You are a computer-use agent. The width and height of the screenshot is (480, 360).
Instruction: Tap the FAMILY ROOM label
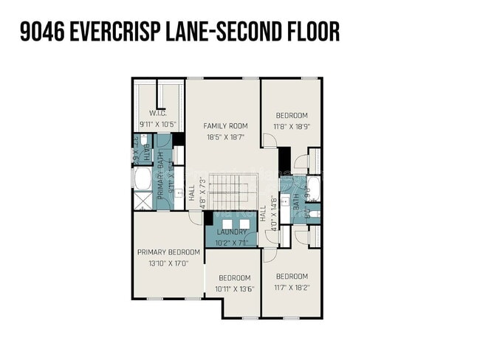[x=225, y=126]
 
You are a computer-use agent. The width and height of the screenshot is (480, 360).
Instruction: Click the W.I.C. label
[x=157, y=113]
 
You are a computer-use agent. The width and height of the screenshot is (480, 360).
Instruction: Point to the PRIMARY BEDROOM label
[x=168, y=252]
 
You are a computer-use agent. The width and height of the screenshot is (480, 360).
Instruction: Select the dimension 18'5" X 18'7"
[x=225, y=137]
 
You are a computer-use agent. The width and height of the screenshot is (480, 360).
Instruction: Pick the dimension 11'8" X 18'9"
[x=292, y=126]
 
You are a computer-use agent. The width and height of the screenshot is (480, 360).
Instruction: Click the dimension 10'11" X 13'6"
[x=236, y=288]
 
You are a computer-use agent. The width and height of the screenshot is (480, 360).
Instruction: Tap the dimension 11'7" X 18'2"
[x=292, y=287]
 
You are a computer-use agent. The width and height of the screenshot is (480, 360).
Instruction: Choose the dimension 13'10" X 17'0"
[x=168, y=262]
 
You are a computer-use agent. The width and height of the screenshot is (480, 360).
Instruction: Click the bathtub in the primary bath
[x=141, y=179]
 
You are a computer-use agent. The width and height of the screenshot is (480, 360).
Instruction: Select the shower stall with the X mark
[x=141, y=201]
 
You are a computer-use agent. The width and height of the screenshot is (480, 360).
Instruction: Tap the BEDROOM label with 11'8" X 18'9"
[x=292, y=115]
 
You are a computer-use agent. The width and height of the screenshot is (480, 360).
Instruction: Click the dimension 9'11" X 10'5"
[x=157, y=123]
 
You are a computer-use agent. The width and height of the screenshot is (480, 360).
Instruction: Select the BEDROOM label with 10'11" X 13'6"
[x=236, y=277]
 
